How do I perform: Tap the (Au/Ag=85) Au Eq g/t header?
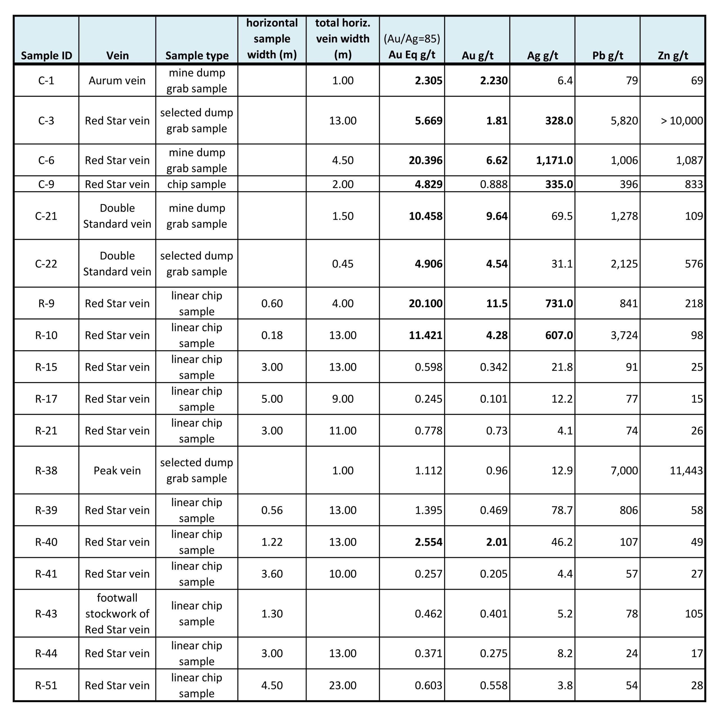[x=412, y=47]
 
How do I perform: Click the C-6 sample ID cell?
[x=46, y=160]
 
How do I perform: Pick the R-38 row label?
[x=46, y=470]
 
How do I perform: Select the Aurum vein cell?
[x=117, y=81]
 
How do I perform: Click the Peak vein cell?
[x=117, y=470]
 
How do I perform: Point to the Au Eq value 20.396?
[x=425, y=160]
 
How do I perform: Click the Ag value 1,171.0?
[x=554, y=160]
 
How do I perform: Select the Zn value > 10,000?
[x=682, y=121]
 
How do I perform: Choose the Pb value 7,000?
[x=624, y=470]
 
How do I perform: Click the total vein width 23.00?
[x=343, y=685]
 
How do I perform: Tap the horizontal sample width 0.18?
[x=272, y=335]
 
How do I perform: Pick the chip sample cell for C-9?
[x=197, y=184]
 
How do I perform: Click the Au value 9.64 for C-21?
[x=497, y=216]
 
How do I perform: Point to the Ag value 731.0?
[x=559, y=303]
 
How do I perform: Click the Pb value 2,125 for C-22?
[x=624, y=264]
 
